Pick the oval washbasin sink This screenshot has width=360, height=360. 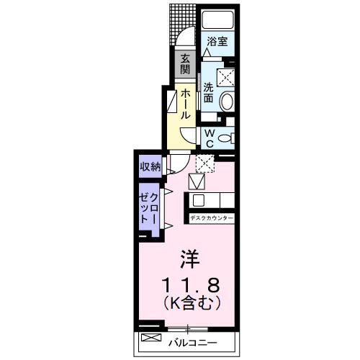(x=228, y=102)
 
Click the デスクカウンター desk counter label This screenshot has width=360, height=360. (x=212, y=217)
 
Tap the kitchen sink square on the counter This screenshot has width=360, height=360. (x=198, y=201)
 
